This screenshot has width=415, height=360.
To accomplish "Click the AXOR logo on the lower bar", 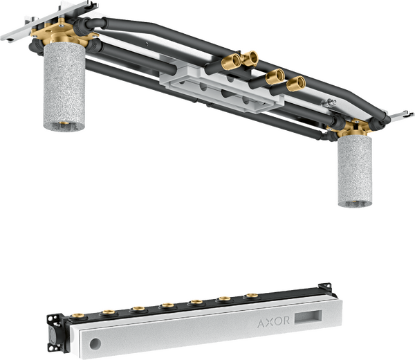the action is [273, 322].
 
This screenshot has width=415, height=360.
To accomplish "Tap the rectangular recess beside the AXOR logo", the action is [308, 317].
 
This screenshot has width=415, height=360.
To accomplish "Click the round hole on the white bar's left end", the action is [95, 344].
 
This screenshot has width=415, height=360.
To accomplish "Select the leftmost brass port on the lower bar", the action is [78, 316].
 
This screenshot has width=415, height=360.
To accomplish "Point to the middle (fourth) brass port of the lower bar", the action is [168, 305].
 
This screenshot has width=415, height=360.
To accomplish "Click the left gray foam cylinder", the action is [64, 87].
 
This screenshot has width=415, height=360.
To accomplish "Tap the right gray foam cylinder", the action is [355, 172].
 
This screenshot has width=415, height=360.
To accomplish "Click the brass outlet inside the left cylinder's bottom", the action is [64, 123].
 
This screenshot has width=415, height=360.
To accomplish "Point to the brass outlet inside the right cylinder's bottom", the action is [355, 202].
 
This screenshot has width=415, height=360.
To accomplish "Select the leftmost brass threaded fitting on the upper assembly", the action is [231, 62].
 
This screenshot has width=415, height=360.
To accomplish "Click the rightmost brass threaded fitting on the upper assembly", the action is [296, 84].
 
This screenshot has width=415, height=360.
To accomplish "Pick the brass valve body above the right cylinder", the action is [352, 129].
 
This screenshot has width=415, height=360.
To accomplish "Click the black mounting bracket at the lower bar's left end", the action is [55, 332].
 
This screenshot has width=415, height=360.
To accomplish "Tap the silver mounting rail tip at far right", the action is [403, 115].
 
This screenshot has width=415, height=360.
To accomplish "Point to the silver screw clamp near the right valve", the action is [329, 102].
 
